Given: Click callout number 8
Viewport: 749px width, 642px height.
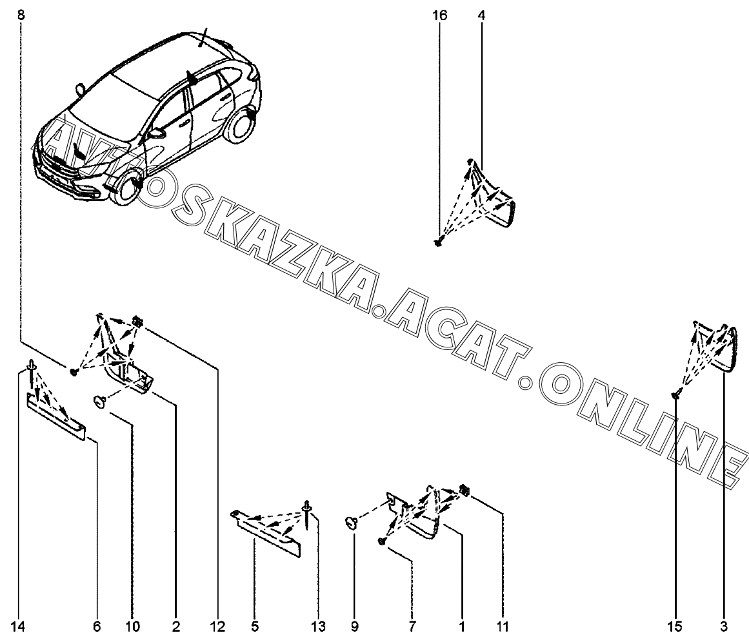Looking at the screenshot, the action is tap(21, 15).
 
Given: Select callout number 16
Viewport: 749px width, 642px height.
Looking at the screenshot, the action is tap(440, 15).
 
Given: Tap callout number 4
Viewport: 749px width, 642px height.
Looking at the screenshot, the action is tap(481, 15).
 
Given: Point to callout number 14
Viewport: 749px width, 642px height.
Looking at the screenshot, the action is tap(17, 627).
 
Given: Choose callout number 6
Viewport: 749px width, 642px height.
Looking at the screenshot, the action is tap(97, 627).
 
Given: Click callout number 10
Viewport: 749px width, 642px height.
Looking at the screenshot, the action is tap(133, 627).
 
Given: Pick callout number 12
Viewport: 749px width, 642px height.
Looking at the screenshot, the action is tap(217, 627).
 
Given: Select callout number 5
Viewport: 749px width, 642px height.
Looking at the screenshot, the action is tap(255, 627).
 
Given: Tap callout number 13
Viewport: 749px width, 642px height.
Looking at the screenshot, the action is tap(318, 627).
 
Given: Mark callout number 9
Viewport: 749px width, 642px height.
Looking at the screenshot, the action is tap(354, 627).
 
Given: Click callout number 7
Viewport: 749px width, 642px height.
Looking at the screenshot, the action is tap(412, 627).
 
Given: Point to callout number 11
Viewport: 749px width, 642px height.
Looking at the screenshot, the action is tap(503, 627).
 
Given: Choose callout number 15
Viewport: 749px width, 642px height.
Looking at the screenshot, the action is tap(675, 627).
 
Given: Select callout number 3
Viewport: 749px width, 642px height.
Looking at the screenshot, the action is tap(724, 627).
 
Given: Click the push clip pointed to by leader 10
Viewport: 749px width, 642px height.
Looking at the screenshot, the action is tap(100, 401).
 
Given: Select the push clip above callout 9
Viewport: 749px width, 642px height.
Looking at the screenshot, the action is tap(352, 523).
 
